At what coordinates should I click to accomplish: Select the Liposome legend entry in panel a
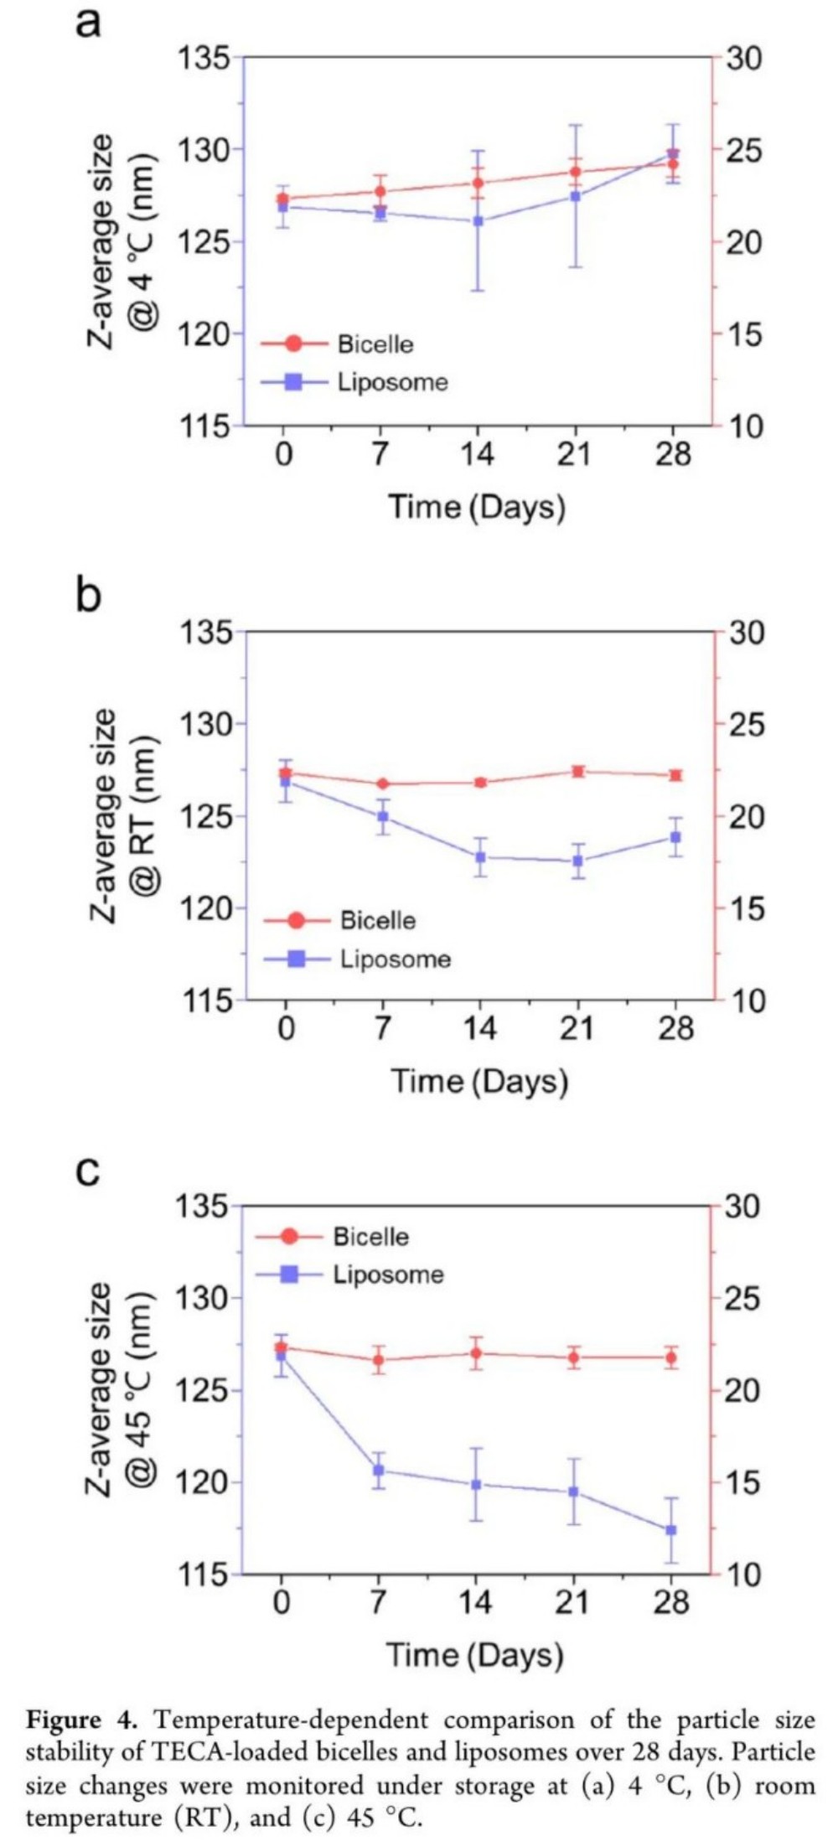click(x=392, y=382)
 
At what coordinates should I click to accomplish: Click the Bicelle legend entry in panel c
click(x=370, y=1237)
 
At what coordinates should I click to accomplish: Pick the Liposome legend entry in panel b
click(x=395, y=959)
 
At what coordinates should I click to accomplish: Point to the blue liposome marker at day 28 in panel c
click(x=671, y=1530)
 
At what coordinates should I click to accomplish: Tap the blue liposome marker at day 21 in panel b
click(x=577, y=861)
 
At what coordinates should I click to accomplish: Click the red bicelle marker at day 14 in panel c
click(x=476, y=1353)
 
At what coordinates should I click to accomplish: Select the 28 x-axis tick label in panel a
click(x=673, y=454)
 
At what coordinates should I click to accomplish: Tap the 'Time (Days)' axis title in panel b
click(x=478, y=1081)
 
